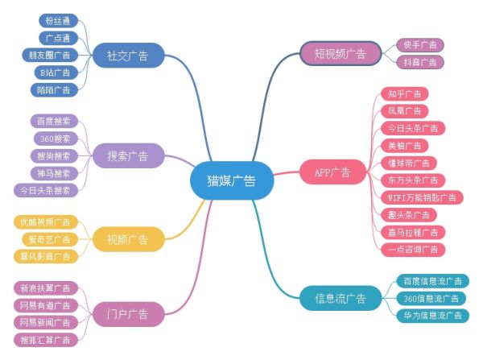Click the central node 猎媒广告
pos(232,180)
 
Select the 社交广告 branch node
pos(129,56)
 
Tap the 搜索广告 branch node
pos(129,155)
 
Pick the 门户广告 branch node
pos(129,312)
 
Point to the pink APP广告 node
pos(332,172)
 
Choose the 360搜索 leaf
pos(54,139)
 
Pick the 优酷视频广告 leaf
pos(45,221)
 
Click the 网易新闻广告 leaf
pos(45,322)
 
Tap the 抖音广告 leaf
pos(420,62)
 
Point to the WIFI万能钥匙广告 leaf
pos(420,197)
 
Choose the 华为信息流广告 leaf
pos(433,315)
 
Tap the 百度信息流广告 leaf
pos(433,281)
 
